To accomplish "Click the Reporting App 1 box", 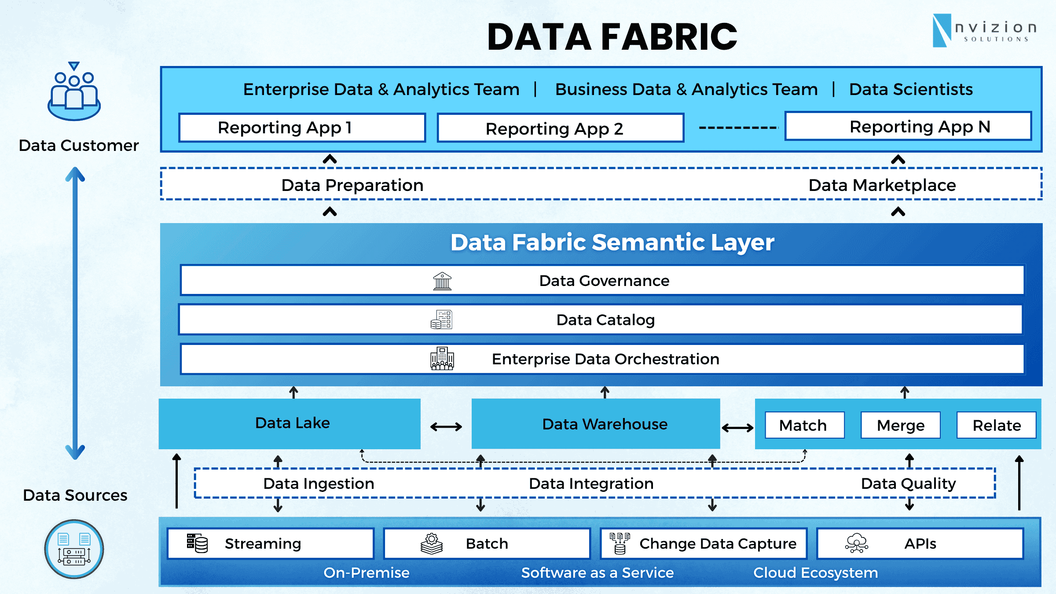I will [x=302, y=128].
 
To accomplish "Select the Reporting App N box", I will [x=908, y=127].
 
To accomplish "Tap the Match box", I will [x=804, y=425].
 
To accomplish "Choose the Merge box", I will [x=900, y=425].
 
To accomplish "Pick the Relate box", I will [x=996, y=425].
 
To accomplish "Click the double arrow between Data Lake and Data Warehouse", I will [x=446, y=426].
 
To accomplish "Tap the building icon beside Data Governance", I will [x=442, y=281].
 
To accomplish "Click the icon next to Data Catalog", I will [x=441, y=320].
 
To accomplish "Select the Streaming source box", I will [x=270, y=543].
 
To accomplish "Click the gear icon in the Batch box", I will [x=432, y=543].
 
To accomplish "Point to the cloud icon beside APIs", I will [x=856, y=543].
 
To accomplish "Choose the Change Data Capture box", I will [x=704, y=543].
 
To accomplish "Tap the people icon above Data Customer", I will [x=74, y=92].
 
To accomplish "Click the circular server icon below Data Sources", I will [x=74, y=549].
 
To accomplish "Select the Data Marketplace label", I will [x=882, y=185].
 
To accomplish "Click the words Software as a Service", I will [x=597, y=572].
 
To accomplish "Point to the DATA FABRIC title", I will [x=612, y=37].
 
